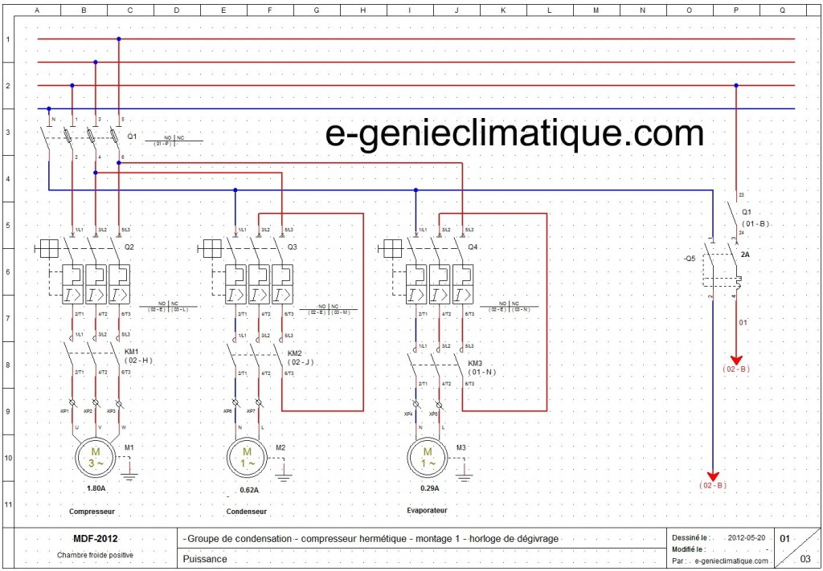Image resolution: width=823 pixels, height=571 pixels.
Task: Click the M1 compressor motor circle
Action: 96,458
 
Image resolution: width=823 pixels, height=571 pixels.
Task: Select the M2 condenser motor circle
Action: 247,458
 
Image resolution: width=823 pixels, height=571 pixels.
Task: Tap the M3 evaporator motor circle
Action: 427,458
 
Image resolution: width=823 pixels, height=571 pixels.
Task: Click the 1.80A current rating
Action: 96,489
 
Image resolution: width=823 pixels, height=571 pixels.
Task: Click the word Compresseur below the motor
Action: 92,511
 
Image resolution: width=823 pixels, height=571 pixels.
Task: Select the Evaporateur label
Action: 427,510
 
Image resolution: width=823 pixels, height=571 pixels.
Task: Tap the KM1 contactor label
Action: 132,353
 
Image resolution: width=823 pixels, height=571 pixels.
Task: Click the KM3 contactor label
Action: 475,363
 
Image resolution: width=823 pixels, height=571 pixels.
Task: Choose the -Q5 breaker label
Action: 690,259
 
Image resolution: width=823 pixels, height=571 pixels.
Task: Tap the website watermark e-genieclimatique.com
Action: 514,133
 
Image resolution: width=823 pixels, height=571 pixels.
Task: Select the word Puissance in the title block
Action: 205,559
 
